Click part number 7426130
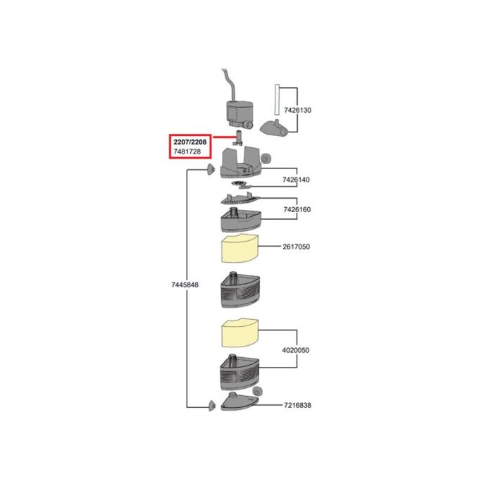(297, 110)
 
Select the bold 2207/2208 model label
(190, 142)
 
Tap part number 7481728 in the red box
(187, 151)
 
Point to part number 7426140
(296, 180)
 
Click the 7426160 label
(297, 210)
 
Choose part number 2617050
(296, 247)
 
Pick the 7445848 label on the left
(185, 285)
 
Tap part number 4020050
(295, 350)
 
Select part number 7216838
(297, 405)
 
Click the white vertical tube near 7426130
(277, 99)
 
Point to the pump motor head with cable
(240, 115)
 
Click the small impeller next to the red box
(238, 138)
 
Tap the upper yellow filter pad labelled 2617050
(240, 249)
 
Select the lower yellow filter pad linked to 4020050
(240, 333)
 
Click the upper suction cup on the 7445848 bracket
(210, 169)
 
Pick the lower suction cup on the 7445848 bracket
(212, 405)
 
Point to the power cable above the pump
(229, 85)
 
